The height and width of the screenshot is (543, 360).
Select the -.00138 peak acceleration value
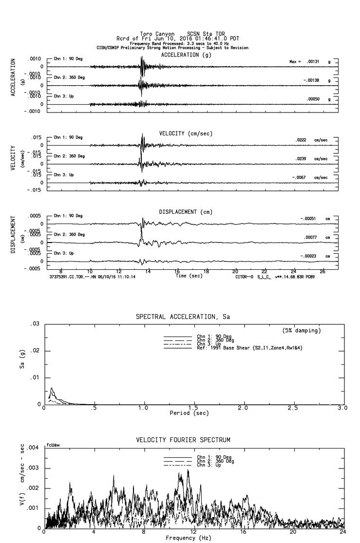tap(312, 80)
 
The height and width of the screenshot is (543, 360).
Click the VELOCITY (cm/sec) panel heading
tap(186, 133)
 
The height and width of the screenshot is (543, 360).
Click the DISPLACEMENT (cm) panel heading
tap(186, 212)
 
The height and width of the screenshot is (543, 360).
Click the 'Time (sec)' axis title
tap(189, 276)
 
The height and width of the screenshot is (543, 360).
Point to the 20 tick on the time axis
tap(235, 271)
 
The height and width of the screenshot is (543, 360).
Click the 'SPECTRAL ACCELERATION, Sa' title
tap(183, 317)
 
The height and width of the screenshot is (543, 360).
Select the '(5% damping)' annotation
tap(302, 330)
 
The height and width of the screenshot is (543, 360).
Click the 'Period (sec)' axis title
tap(189, 413)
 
